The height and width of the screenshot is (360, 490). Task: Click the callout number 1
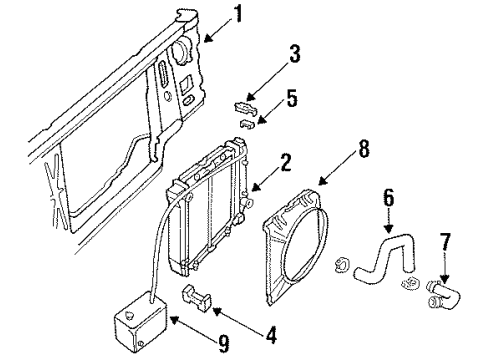pos(238,14)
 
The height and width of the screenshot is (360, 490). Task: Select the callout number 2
pos(286,163)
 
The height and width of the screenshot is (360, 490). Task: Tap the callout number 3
pos(295,54)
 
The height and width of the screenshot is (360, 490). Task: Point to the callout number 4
pos(272,335)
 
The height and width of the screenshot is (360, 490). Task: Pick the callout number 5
pos(292,98)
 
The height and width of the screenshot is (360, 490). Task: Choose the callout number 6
pos(388,198)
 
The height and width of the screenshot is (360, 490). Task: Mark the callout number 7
pos(445,242)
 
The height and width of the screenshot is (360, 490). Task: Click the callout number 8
pos(364,149)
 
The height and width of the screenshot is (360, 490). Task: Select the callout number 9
pos(224,344)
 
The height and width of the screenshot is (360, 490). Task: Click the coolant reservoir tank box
pos(140,321)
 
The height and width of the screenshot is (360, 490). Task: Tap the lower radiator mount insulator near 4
pos(197,298)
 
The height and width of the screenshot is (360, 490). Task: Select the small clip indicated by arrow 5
pos(247,123)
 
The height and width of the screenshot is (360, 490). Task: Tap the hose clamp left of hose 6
pos(342,264)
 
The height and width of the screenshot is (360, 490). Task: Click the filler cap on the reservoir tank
pos(129,314)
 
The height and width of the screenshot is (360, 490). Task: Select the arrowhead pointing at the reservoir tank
pos(175,320)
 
